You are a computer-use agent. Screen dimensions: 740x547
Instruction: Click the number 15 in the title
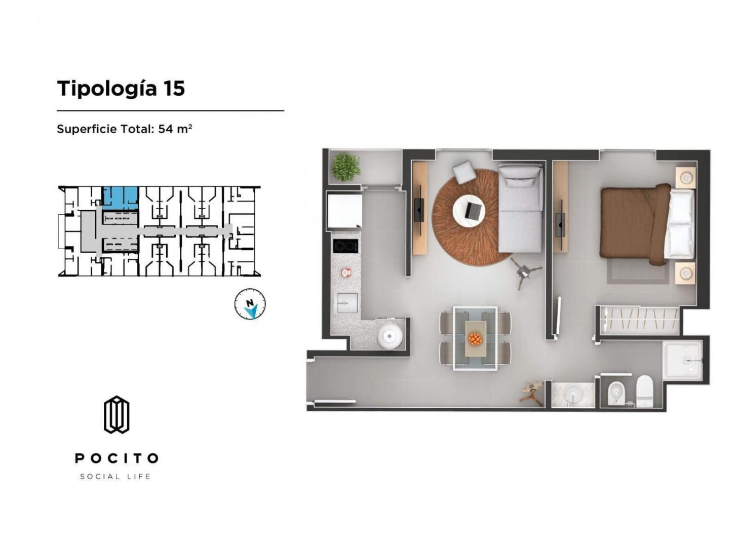[174, 89]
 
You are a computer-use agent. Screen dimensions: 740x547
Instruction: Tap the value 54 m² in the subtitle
[175, 129]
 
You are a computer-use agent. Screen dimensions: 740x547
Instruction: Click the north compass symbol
[250, 304]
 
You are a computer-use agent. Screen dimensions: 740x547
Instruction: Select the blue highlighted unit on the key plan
[120, 198]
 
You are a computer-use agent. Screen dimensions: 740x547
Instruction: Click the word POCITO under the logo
[116, 458]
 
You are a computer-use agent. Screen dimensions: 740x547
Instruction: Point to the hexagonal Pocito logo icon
[116, 415]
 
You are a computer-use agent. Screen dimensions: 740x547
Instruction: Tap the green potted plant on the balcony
[346, 167]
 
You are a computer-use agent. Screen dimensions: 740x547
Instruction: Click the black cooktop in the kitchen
[345, 247]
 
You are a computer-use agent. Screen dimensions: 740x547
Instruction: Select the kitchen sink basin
[347, 303]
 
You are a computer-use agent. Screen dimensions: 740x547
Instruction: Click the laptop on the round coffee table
[475, 211]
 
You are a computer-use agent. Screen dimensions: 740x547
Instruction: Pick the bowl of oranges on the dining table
[475, 339]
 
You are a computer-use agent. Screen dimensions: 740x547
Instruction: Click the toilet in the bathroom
[644, 391]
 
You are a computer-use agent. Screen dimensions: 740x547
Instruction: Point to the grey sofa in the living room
[520, 208]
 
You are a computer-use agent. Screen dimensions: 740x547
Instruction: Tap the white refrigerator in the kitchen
[344, 211]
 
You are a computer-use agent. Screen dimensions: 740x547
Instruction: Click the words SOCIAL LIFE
[115, 477]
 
